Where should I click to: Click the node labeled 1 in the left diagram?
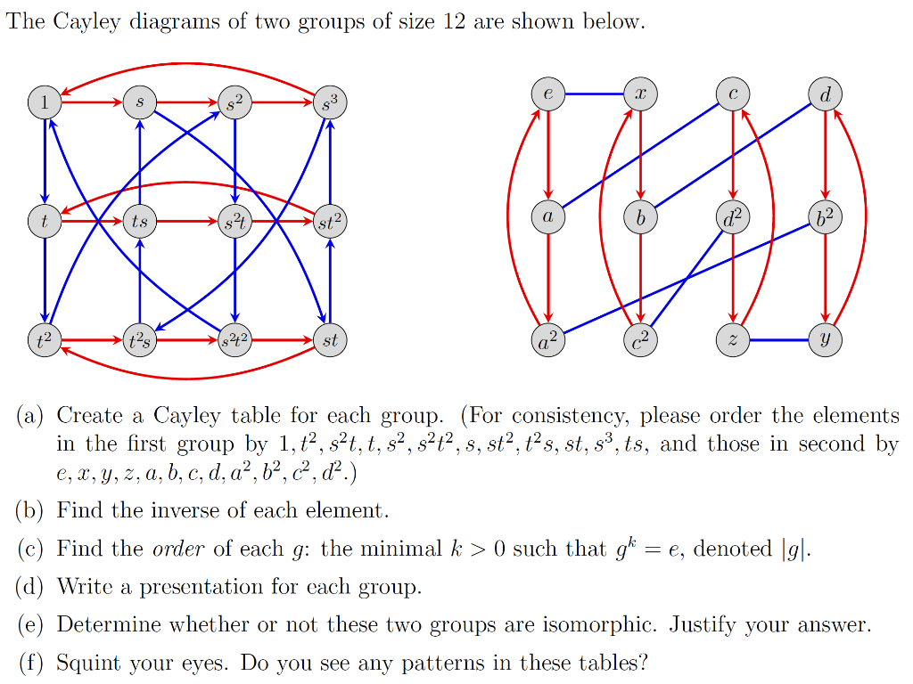tap(44, 102)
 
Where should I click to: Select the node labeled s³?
tap(331, 103)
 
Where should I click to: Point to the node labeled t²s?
tap(139, 340)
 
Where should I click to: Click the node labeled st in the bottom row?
tap(331, 340)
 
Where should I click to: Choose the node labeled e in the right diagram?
tap(547, 94)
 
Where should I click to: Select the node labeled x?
tap(640, 94)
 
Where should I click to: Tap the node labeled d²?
tap(733, 216)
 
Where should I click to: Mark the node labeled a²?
tap(547, 340)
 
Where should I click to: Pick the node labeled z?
tap(733, 340)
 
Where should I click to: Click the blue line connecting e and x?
tap(594, 94)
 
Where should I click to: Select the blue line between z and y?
tap(779, 340)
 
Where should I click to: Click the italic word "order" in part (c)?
tap(185, 549)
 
